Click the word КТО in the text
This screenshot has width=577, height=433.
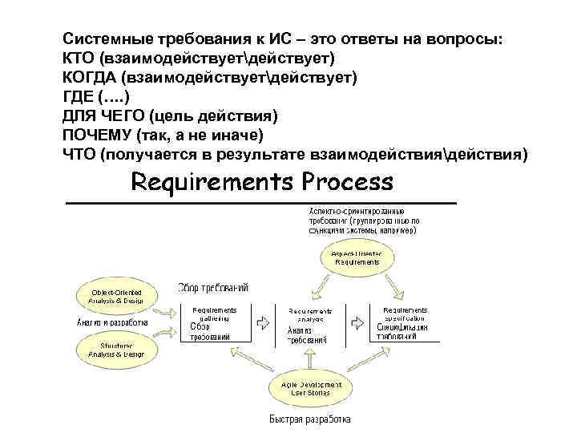pyautogui.click(x=79, y=59)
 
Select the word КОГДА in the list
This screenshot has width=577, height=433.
pyautogui.click(x=89, y=78)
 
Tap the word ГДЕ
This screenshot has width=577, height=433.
pyautogui.click(x=77, y=97)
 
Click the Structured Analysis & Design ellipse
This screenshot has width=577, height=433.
pyautogui.click(x=116, y=349)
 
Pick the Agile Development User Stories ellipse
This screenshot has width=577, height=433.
pyautogui.click(x=311, y=389)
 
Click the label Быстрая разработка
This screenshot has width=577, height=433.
pyautogui.click(x=308, y=419)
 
